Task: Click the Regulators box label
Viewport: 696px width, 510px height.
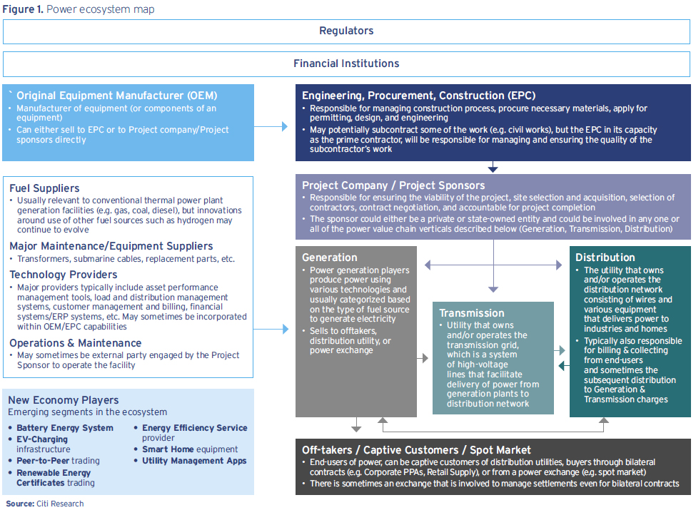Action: tap(346, 31)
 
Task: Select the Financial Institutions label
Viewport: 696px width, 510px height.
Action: tap(346, 63)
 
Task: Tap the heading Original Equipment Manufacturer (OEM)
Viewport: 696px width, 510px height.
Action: tap(116, 96)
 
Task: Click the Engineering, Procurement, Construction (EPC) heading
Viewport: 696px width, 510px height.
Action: tap(418, 96)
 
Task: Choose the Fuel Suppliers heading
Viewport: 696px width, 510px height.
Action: tap(44, 188)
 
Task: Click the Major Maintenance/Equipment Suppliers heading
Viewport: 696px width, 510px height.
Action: tap(111, 246)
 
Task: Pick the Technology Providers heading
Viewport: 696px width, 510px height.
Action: tap(64, 275)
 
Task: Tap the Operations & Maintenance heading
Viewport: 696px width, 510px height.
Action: tap(75, 343)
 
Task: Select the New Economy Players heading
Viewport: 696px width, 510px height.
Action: tap(64, 400)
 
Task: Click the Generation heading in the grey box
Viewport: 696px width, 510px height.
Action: tap(330, 257)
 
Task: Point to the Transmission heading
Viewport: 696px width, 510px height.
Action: tap(472, 313)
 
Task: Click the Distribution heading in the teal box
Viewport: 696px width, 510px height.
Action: tap(605, 257)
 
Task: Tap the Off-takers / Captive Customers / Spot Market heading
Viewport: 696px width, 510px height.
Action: tap(416, 450)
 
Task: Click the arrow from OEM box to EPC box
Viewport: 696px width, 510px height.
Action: tap(271, 126)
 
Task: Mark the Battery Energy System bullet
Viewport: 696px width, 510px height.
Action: tap(65, 428)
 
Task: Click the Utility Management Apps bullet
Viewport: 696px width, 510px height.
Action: tap(194, 461)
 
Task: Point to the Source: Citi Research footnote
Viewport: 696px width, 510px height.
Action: tap(45, 504)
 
